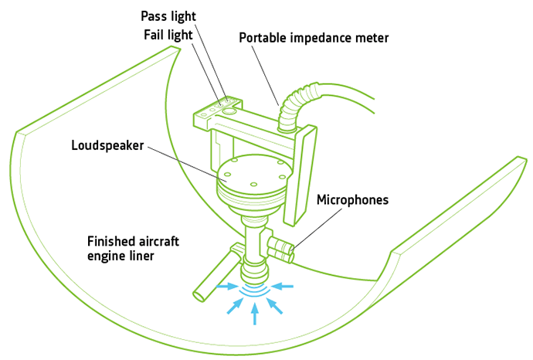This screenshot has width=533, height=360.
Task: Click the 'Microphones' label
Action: pyautogui.click(x=352, y=199)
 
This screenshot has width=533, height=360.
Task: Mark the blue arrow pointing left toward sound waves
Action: pyautogui.click(x=283, y=286)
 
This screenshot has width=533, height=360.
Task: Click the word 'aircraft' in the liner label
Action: pyautogui.click(x=157, y=241)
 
